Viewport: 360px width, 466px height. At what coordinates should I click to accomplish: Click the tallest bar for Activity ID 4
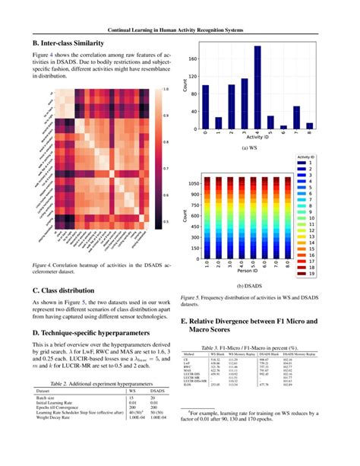257,89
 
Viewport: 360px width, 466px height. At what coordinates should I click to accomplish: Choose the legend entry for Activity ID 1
323,162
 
